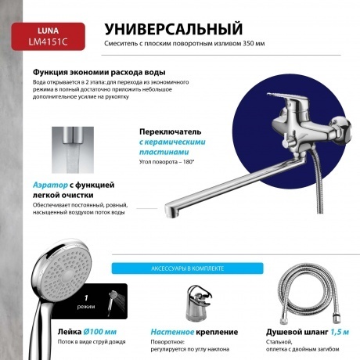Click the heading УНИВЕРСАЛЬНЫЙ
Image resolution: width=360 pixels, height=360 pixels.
pyautogui.click(x=173, y=29)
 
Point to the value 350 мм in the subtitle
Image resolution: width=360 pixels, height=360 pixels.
pyautogui.click(x=253, y=44)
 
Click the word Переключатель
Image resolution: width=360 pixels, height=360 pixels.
pyautogui.click(x=170, y=131)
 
